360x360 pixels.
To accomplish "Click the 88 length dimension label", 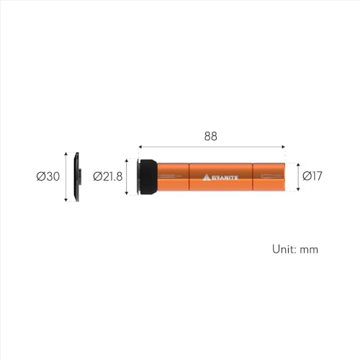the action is pyautogui.click(x=210, y=136).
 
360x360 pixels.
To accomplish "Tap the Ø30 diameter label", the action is pyautogui.click(x=48, y=176).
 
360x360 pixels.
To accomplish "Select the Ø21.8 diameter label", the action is pyautogui.click(x=108, y=176).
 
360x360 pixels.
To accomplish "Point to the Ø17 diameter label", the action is pyautogui.click(x=312, y=176).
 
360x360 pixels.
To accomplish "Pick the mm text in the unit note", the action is pyautogui.click(x=309, y=250).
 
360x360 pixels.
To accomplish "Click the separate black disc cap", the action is pyautogui.click(x=77, y=176).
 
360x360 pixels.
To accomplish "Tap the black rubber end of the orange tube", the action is pyautogui.click(x=148, y=176).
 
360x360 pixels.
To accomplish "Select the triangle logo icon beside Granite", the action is pyautogui.click(x=207, y=177).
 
